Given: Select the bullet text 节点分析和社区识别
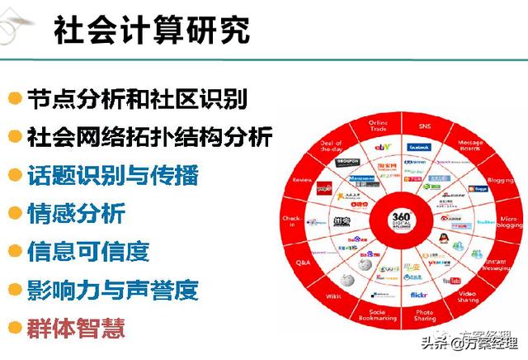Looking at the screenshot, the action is coord(135,98).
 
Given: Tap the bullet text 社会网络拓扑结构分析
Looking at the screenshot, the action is coord(148,136).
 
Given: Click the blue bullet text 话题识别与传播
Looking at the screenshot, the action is coord(112,175).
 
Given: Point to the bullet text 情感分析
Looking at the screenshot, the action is coord(76,214).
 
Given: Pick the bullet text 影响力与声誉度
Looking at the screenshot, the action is coord(112,290).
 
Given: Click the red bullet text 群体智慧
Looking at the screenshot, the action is coord(76,328).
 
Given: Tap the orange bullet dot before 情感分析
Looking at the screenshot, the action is coord(14,214).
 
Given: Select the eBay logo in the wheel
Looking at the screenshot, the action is coord(382,147).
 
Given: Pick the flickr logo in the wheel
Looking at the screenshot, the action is coord(418,293).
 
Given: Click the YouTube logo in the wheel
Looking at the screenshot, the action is coord(451,281).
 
